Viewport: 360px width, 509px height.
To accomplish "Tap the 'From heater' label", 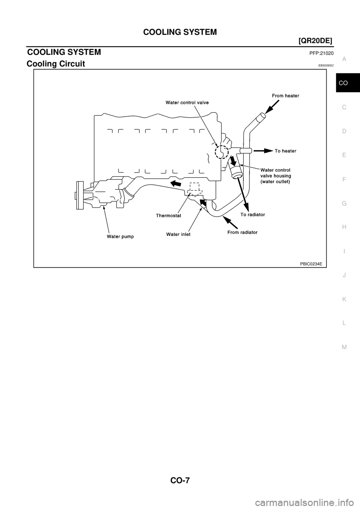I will tap(285, 96).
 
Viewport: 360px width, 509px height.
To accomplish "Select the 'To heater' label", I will tap(286, 151).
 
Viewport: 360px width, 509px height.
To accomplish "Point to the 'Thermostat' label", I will tap(169, 216).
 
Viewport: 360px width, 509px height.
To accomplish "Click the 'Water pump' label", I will tap(120, 237).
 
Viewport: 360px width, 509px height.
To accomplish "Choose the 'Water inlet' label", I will tap(178, 234).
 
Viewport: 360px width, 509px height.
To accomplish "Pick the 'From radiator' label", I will tap(242, 232).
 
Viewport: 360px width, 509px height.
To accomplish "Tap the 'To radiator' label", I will tap(253, 215).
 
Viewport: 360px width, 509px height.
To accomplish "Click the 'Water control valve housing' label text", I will tap(275, 173).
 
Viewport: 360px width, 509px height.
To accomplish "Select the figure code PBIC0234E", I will tap(311, 263).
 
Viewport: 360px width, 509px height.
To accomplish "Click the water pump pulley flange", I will tap(79, 195).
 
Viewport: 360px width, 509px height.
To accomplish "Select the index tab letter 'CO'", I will tap(343, 83).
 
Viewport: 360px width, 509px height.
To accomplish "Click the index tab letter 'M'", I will tap(344, 347).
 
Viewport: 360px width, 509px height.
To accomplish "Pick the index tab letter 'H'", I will tap(344, 227).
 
